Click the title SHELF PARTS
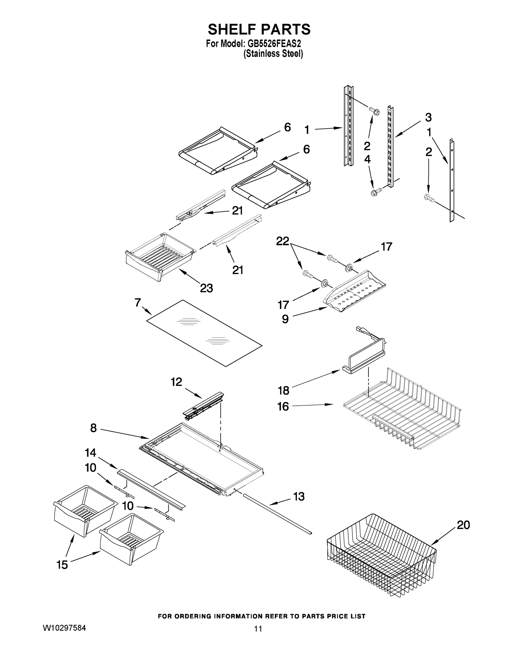click(x=259, y=30)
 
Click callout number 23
click(x=206, y=288)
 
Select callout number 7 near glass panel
click(x=138, y=302)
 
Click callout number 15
click(x=62, y=565)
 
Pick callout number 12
click(x=176, y=382)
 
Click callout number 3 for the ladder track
click(x=428, y=117)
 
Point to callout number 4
click(x=367, y=159)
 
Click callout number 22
click(x=283, y=241)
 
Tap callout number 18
click(x=283, y=390)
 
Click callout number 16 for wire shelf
click(x=283, y=407)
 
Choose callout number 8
click(x=93, y=428)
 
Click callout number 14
click(x=90, y=453)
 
